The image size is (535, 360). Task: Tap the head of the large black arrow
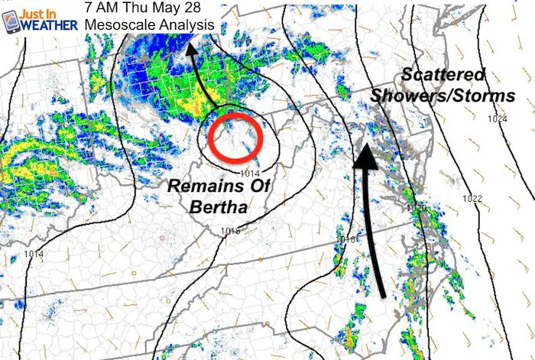click(365, 154)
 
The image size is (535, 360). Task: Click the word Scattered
click(442, 75)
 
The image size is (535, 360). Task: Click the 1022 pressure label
click(472, 199)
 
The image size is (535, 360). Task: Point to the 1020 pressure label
click(416, 209)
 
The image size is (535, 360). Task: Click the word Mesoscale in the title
click(115, 25)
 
